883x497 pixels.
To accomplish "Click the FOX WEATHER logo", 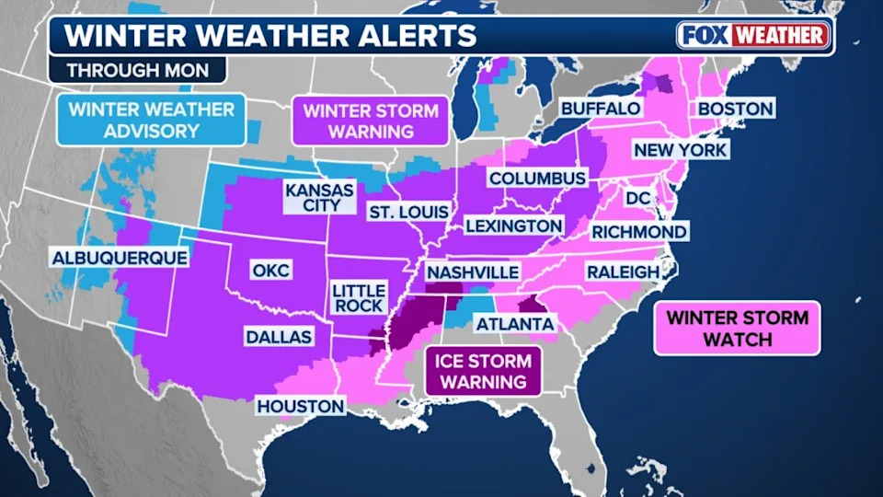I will [754, 36].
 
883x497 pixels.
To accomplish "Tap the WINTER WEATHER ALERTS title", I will [270, 36].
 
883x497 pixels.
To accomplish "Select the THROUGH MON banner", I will [137, 70].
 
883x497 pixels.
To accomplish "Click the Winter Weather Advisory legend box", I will [151, 120].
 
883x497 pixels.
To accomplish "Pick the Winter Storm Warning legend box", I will [371, 121].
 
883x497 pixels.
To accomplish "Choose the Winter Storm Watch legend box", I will [737, 329].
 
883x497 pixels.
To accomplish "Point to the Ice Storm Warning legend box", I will [481, 371].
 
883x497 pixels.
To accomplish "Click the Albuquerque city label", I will [120, 258].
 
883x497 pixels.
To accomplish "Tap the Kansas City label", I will [318, 197].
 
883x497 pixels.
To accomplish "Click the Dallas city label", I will [278, 337].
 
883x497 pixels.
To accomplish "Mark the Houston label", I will [301, 406].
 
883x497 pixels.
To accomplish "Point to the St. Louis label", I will [403, 213].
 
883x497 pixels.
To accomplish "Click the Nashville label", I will [472, 272].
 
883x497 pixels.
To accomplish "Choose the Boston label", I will [735, 109].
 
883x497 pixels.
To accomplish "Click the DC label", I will [637, 198].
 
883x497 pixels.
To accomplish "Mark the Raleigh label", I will [623, 272].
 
